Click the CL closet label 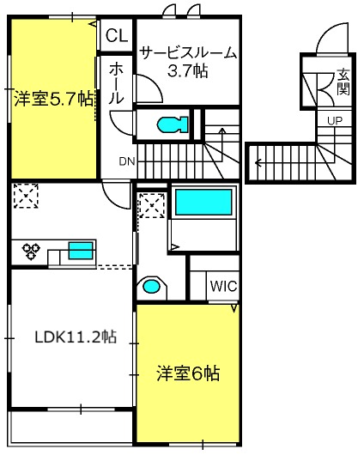[x=117, y=36]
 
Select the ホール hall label [x=117, y=82]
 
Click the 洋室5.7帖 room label [x=52, y=99]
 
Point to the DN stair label [x=126, y=161]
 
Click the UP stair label [x=334, y=119]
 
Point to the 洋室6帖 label [x=188, y=374]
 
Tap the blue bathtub [x=203, y=203]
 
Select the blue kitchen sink [x=81, y=251]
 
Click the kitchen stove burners [x=33, y=252]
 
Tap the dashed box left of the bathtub [x=152, y=206]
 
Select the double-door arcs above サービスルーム [x=183, y=10]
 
